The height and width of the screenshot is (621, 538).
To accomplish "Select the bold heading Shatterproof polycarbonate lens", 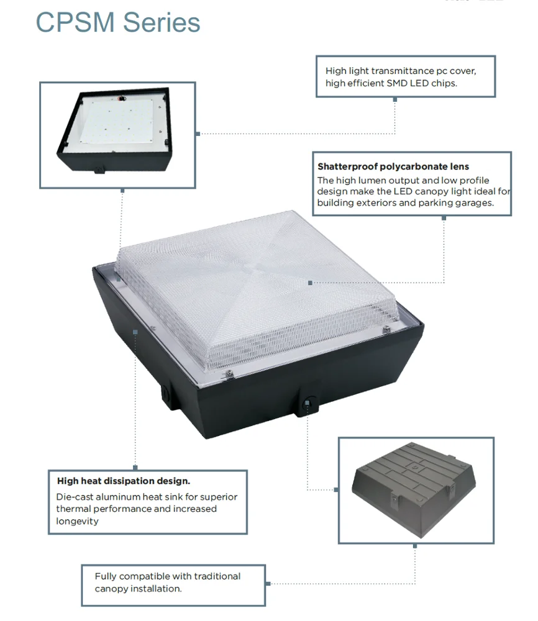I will (393, 166).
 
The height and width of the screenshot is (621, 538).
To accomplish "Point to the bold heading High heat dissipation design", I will (124, 481).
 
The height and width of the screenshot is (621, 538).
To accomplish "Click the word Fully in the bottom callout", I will (106, 576).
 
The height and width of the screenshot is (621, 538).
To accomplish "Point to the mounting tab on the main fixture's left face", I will (166, 393).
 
